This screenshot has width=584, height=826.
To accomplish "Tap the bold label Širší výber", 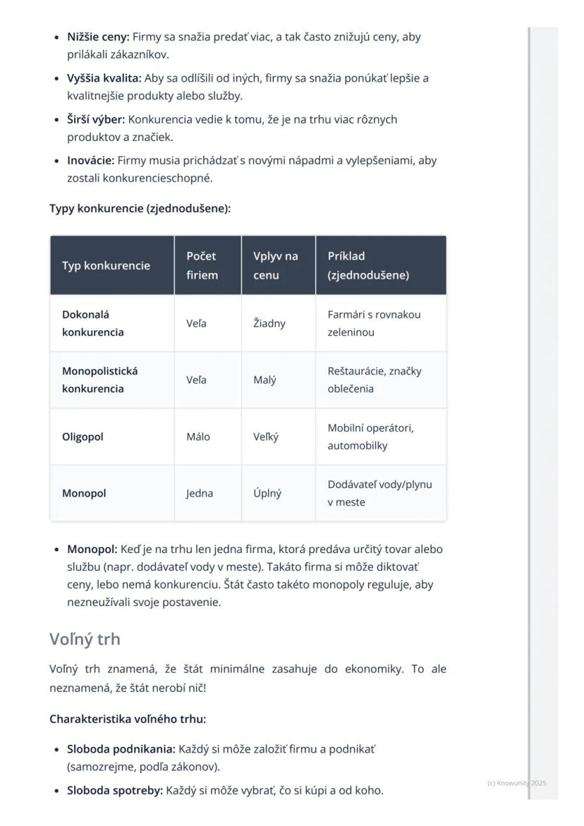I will click(x=96, y=119).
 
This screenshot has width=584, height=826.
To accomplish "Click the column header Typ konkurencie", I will click(x=106, y=266).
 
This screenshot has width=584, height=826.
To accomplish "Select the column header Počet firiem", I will click(x=202, y=266).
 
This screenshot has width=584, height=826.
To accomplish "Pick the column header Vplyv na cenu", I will click(x=275, y=266).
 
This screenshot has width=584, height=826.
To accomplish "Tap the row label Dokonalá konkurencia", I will click(x=92, y=323).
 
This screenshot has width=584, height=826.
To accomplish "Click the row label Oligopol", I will click(x=83, y=437).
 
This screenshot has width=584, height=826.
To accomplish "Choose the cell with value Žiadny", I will click(x=269, y=323).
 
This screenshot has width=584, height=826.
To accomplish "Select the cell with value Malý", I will click(x=264, y=380).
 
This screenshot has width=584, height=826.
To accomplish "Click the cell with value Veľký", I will click(x=266, y=437).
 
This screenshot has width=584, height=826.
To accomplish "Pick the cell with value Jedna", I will click(x=200, y=493).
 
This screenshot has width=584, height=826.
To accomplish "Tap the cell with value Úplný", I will click(x=267, y=493).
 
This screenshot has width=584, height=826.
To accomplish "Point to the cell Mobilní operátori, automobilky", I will click(x=370, y=437).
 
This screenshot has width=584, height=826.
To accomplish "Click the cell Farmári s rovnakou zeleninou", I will click(x=374, y=323).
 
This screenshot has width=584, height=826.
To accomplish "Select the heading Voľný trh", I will click(x=85, y=639).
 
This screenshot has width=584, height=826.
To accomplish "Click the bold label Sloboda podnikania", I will click(x=121, y=748).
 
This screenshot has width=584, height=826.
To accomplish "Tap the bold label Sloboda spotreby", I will click(x=115, y=790).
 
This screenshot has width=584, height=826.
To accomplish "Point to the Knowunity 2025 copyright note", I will click(x=516, y=783).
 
